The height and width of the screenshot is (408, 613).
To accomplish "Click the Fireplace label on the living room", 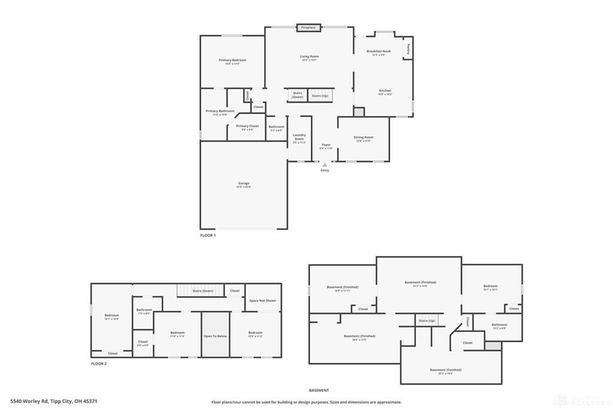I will pyautogui.click(x=308, y=28).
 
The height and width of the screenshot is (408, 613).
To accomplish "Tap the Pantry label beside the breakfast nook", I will pyautogui.click(x=408, y=48).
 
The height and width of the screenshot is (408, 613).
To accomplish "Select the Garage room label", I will pyautogui.click(x=243, y=183).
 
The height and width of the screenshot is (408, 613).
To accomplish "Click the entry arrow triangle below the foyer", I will pyautogui.click(x=324, y=165).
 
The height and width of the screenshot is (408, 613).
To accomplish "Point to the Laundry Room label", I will pyautogui.click(x=299, y=137).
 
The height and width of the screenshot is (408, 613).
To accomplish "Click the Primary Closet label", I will pyautogui.click(x=247, y=126).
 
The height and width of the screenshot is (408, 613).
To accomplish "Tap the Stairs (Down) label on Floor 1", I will pyautogui.click(x=297, y=95).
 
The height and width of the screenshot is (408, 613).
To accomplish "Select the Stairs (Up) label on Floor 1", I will pyautogui.click(x=320, y=96).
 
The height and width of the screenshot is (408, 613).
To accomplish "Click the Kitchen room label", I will pyautogui.click(x=384, y=90).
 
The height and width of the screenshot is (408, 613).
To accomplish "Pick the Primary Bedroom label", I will pyautogui.click(x=232, y=60).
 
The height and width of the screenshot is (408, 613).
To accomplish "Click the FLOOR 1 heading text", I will pyautogui.click(x=208, y=236).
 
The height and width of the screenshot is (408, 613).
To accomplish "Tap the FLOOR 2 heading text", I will pyautogui.click(x=99, y=363).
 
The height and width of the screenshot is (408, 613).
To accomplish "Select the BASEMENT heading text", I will pyautogui.click(x=318, y=390).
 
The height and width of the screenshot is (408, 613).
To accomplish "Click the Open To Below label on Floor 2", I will pyautogui.click(x=216, y=336).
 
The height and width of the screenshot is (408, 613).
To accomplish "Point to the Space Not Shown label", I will pyautogui.click(x=262, y=300).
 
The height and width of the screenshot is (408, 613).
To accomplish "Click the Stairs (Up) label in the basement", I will pyautogui.click(x=427, y=321).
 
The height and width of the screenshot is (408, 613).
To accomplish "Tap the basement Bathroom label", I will pyautogui.click(x=499, y=324).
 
